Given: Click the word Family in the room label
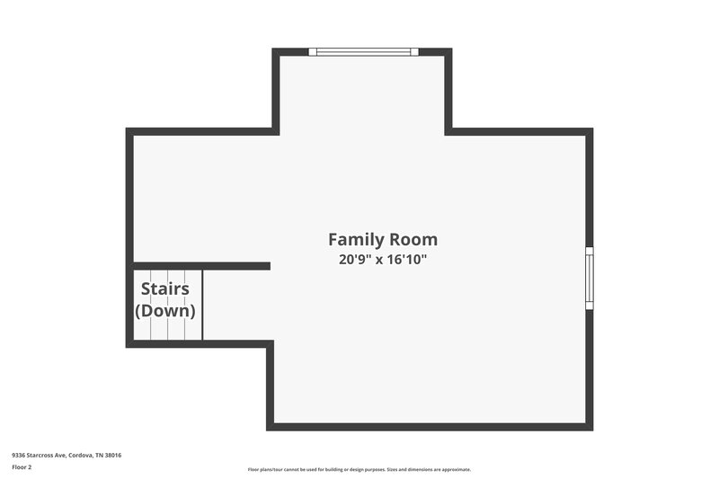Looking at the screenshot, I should tap(355, 240).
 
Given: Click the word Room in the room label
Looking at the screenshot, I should tap(413, 240).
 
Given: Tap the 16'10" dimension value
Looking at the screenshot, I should tap(405, 260).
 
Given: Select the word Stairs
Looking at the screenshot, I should tap(165, 289).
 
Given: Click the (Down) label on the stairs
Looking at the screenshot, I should tap(165, 311).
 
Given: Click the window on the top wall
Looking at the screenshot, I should tap(363, 52).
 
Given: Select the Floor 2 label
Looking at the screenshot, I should tap(22, 468).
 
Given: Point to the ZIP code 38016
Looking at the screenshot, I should tap(112, 455).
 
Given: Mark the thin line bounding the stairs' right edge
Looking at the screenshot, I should tap(203, 306).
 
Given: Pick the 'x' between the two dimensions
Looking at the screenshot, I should tap(379, 261).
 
